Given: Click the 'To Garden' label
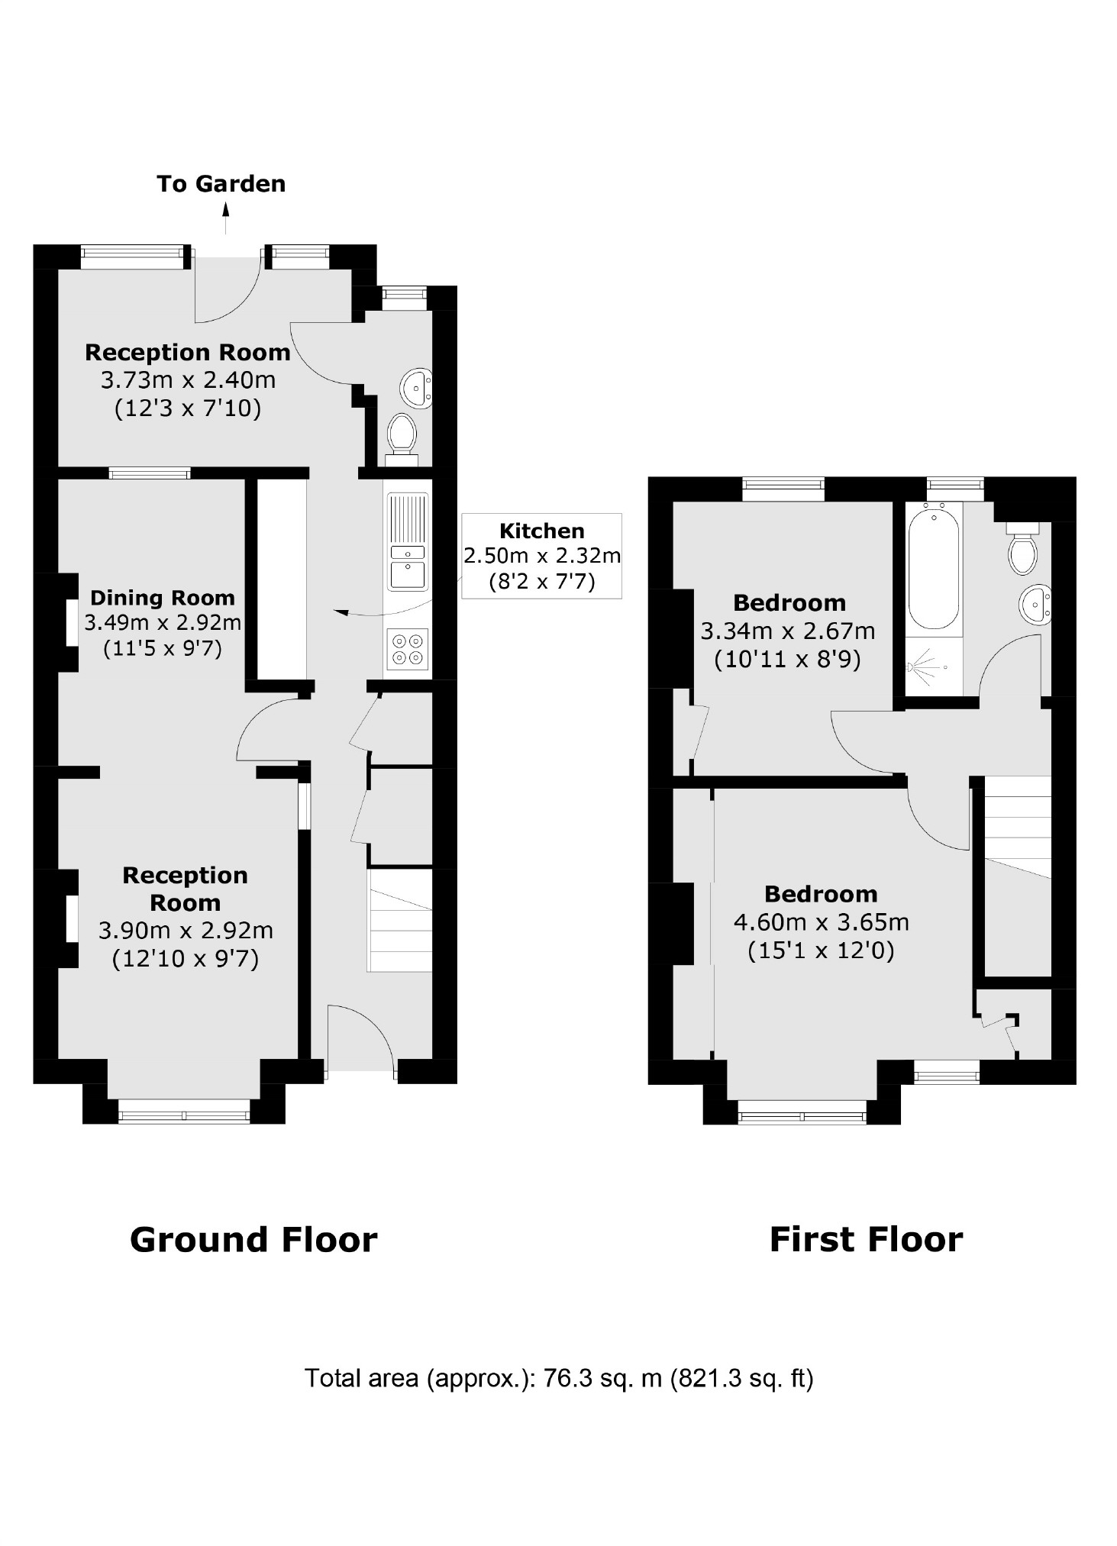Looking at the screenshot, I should (x=221, y=184).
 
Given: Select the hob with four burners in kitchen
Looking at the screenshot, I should (x=408, y=649).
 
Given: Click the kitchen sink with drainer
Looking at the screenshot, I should (x=408, y=542).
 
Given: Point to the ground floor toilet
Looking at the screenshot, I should (x=402, y=435).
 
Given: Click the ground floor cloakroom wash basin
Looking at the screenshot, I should (x=418, y=386).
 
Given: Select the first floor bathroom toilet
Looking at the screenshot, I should (x=1023, y=550).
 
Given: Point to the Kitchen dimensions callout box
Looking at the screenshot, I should (x=541, y=556).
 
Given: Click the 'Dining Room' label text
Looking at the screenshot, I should (x=162, y=597).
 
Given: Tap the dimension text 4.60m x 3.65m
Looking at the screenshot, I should (x=821, y=922).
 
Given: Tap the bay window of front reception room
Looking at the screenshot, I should (x=184, y=1111).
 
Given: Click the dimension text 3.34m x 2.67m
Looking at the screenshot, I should (x=787, y=631).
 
